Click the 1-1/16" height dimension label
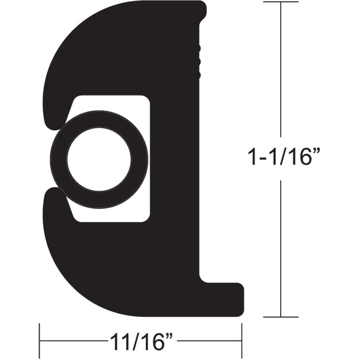click(281, 159)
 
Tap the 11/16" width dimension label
click(140, 342)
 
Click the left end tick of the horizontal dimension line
click(40, 340)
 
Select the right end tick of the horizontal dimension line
click(242, 340)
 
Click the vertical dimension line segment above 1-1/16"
click(281, 71)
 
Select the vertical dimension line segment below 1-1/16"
click(281, 249)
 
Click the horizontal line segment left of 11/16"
click(71, 341)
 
